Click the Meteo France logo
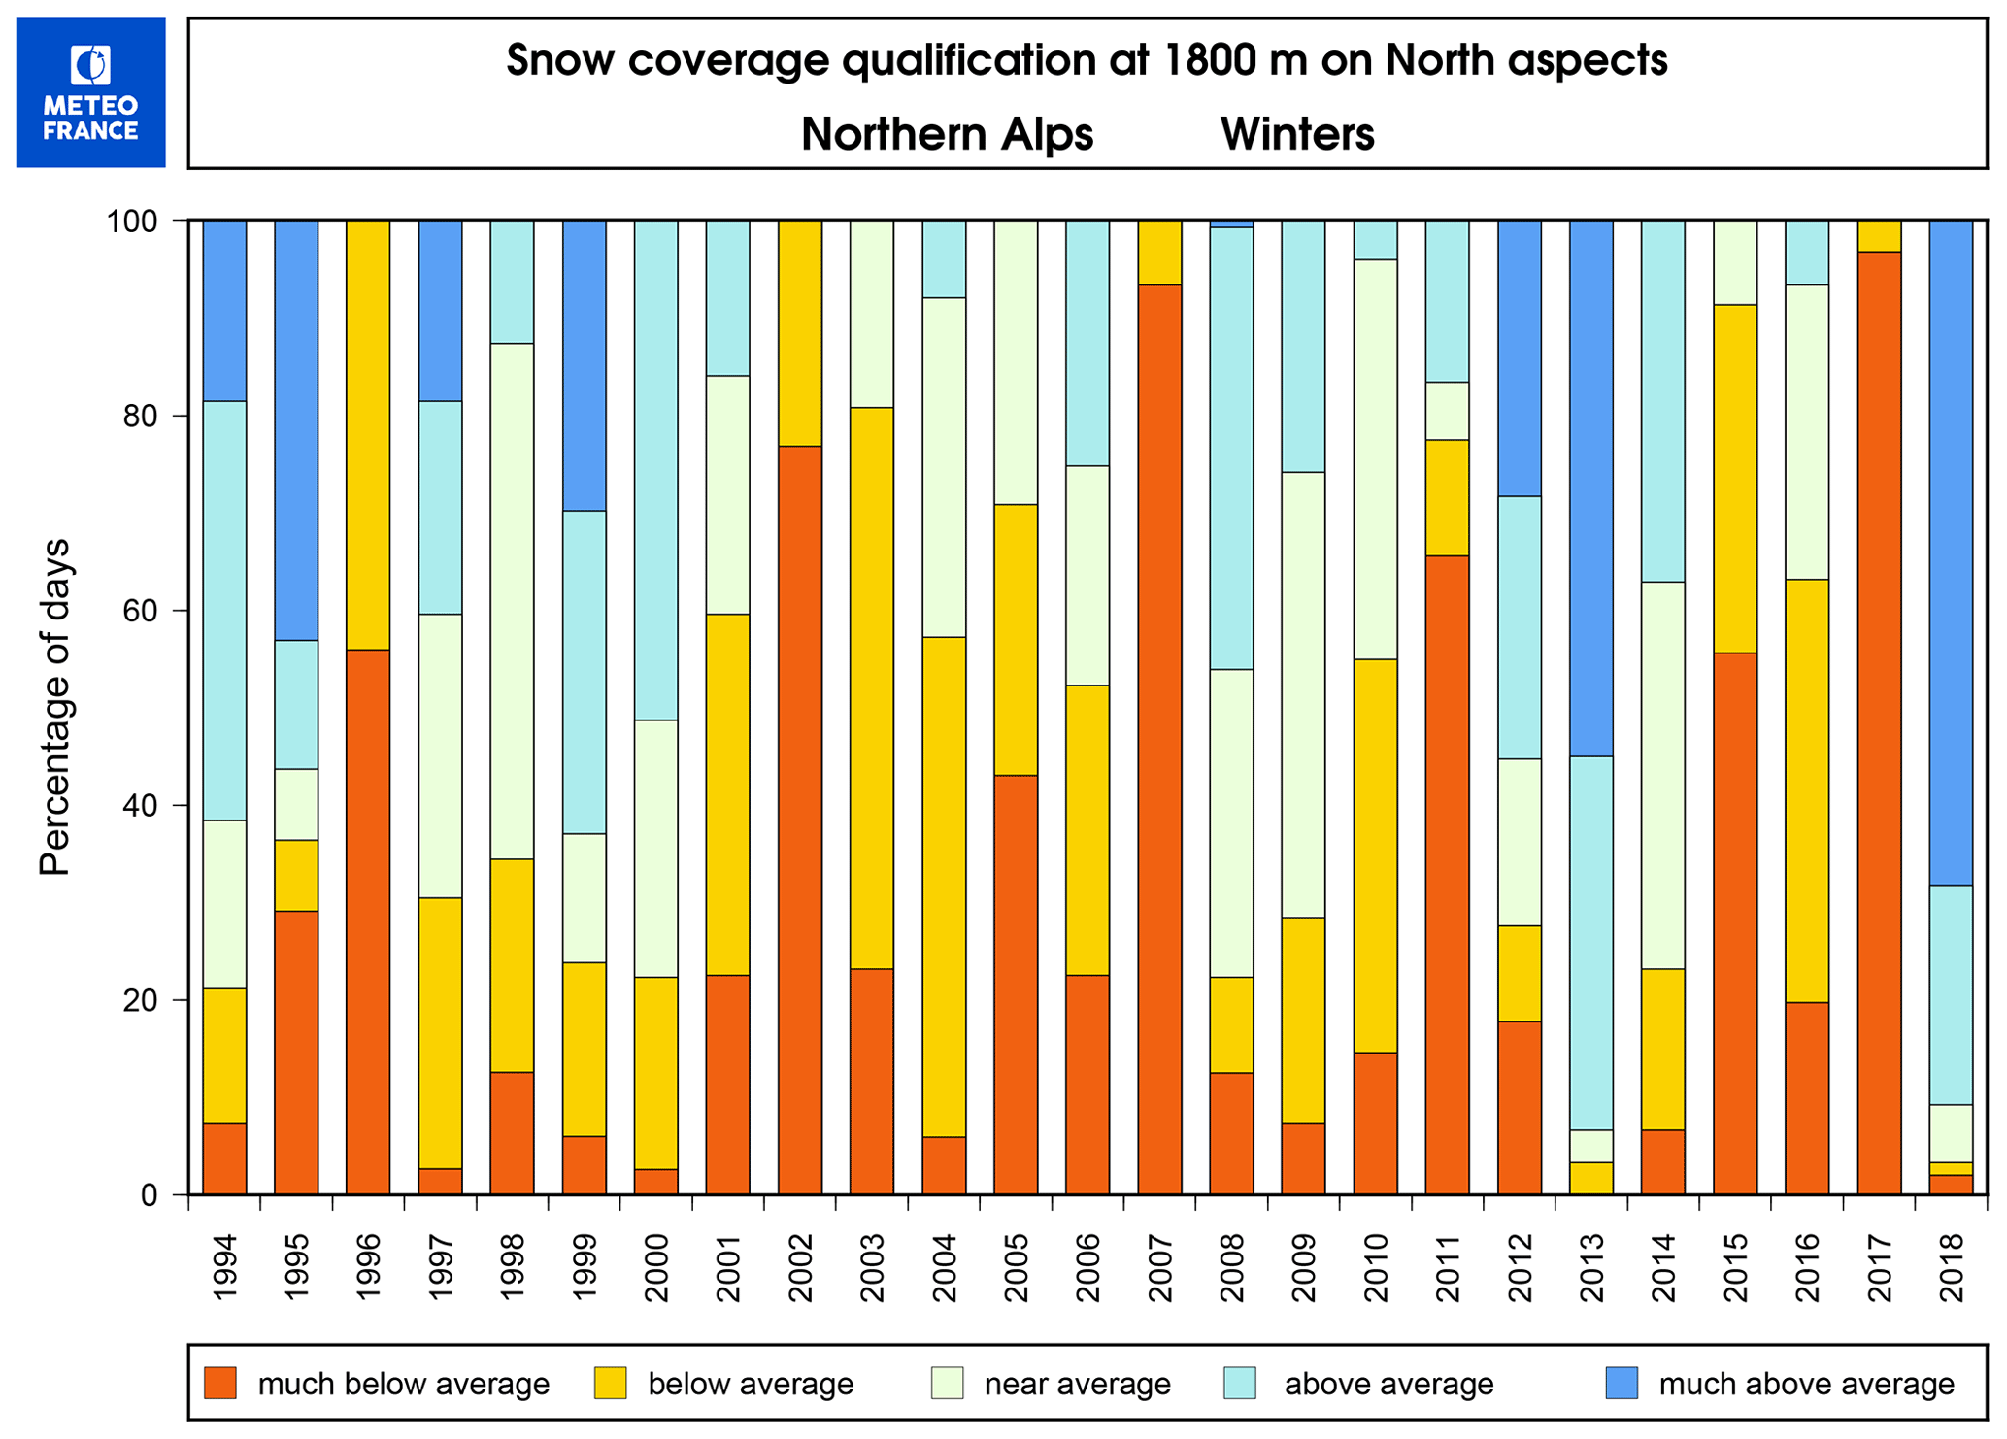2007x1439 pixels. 90,92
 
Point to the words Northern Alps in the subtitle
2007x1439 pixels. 947,134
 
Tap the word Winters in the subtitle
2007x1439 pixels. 1297,134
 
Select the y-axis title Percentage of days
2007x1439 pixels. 55,707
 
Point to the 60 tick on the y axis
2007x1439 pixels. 142,611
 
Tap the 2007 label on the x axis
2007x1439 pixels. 1159,1267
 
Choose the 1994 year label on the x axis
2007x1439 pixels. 224,1267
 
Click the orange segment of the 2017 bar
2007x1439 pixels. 1878,723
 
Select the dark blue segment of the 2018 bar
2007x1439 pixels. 1950,553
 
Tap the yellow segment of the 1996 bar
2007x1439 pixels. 368,435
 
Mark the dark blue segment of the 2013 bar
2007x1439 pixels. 1590,488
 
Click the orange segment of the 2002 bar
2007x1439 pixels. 799,820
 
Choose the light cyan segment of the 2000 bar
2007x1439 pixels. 655,471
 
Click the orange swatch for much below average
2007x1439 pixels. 220,1383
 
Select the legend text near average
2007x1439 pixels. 1077,1384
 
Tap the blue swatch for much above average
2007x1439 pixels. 1621,1383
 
